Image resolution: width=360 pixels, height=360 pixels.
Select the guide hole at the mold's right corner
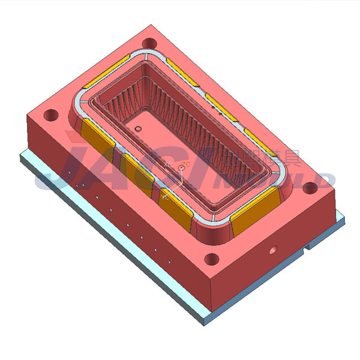click(x=310, y=187)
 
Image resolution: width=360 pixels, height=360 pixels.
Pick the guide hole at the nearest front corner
click(x=211, y=259)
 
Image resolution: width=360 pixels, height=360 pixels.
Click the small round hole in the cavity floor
click(x=137, y=129)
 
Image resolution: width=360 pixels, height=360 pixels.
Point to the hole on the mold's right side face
click(x=273, y=248)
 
